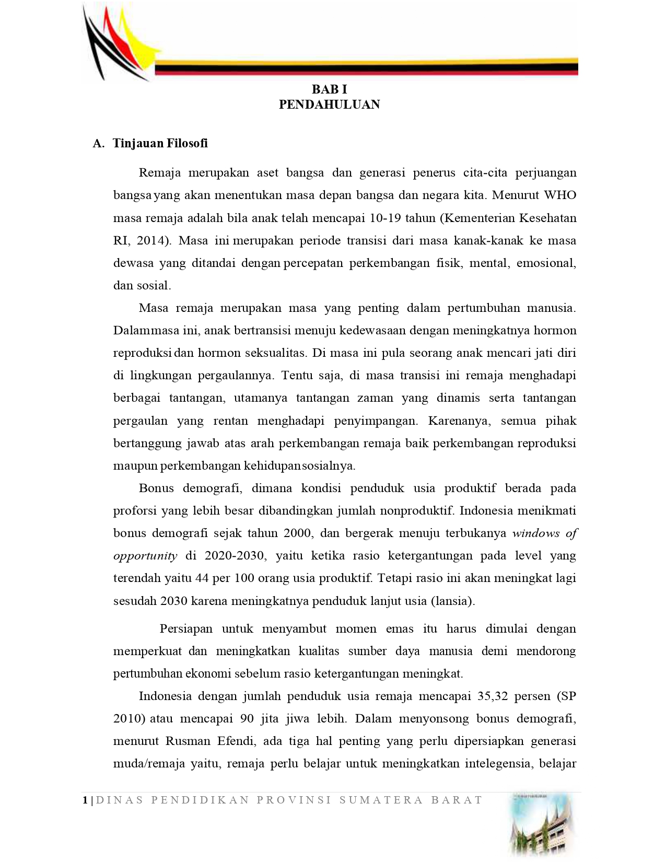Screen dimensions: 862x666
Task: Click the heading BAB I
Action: pyautogui.click(x=329, y=90)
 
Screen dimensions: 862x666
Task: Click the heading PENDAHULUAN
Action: pyautogui.click(x=329, y=104)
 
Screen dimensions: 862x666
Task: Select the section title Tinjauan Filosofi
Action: pyautogui.click(x=160, y=143)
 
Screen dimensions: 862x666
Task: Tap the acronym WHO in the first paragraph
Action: pyautogui.click(x=560, y=195)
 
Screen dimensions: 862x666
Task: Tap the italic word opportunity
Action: pyautogui.click(x=145, y=555)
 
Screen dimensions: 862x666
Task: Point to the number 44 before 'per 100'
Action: pyautogui.click(x=202, y=578)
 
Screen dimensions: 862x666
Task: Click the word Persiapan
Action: pyautogui.click(x=186, y=628)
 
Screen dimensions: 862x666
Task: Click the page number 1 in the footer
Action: pyautogui.click(x=85, y=800)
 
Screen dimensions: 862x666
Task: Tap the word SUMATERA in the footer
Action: pyautogui.click(x=381, y=800)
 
